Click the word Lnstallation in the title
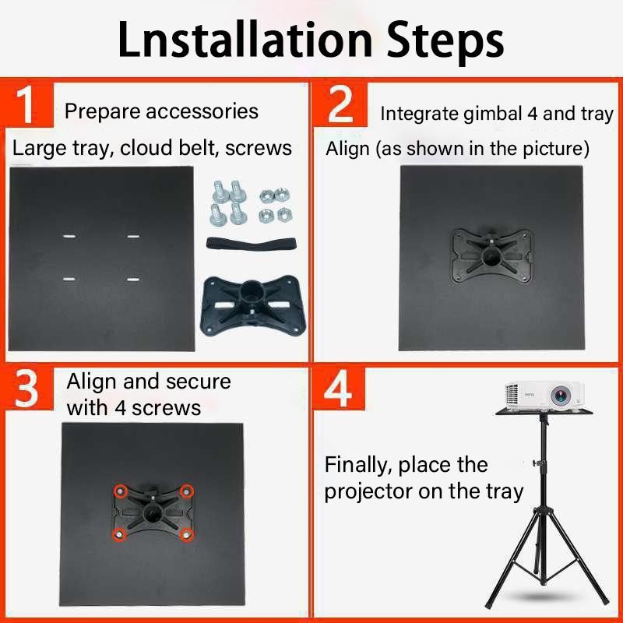(245, 40)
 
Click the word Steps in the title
(445, 43)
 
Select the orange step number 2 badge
(340, 104)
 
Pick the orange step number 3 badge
(28, 389)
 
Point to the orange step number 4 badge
(339, 389)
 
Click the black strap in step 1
(251, 243)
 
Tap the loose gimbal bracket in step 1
(252, 305)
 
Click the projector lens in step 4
(560, 396)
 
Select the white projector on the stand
(544, 396)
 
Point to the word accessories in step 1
(202, 111)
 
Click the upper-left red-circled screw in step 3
(120, 491)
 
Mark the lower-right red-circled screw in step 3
(187, 534)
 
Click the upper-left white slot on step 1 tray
(69, 237)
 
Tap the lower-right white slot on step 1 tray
(133, 280)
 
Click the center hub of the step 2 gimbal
(492, 255)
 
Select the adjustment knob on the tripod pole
(538, 463)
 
